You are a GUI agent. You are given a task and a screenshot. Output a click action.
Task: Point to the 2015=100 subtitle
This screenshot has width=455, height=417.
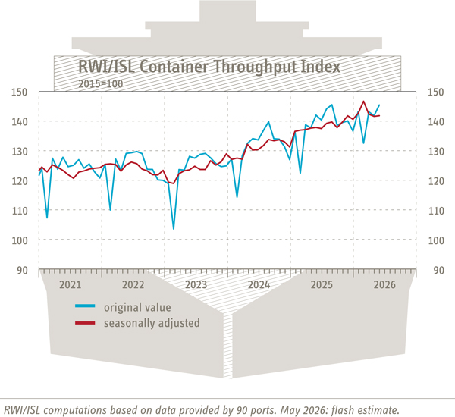click(101, 84)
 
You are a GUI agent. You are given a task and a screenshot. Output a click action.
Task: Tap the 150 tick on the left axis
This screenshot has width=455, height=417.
click(20, 92)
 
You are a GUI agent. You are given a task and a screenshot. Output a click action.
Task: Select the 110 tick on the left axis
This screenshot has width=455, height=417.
click(20, 211)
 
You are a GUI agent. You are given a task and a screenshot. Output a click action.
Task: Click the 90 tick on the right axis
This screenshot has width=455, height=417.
click(439, 271)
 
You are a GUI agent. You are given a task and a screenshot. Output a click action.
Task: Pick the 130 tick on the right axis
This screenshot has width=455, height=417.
click(436, 152)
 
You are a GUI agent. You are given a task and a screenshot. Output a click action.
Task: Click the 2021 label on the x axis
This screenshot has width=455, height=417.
click(71, 284)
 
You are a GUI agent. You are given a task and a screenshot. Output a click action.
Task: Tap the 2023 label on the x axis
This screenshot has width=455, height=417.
click(196, 284)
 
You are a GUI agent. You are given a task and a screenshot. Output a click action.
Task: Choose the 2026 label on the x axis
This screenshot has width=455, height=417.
click(384, 284)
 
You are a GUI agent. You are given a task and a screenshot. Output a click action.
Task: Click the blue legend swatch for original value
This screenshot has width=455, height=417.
click(85, 306)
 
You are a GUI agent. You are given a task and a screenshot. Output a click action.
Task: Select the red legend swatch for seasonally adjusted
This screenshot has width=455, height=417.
click(85, 323)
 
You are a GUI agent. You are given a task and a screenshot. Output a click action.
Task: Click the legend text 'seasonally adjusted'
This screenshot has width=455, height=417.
click(152, 323)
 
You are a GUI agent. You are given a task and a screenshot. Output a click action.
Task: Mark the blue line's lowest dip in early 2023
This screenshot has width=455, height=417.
click(174, 229)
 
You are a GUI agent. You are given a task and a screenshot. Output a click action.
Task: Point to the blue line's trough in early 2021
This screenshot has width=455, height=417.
click(47, 218)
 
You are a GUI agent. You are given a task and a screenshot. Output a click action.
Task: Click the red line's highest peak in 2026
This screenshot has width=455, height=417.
click(363, 102)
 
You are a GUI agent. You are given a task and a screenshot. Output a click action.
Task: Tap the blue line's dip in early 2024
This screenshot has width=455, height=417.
click(237, 197)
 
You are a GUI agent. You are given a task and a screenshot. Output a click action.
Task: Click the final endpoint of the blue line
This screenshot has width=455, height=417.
click(379, 105)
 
